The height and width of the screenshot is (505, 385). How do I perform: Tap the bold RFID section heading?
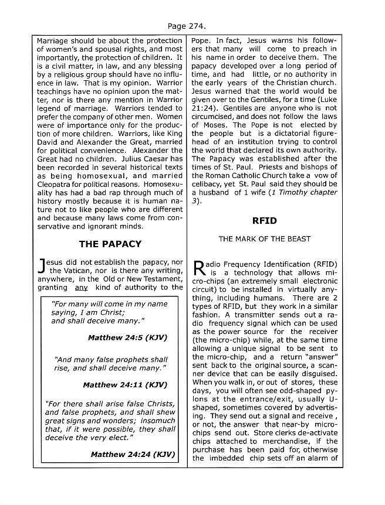264,221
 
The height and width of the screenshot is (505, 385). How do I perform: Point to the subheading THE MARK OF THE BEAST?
264,239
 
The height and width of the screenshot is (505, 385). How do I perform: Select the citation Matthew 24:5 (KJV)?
126,338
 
